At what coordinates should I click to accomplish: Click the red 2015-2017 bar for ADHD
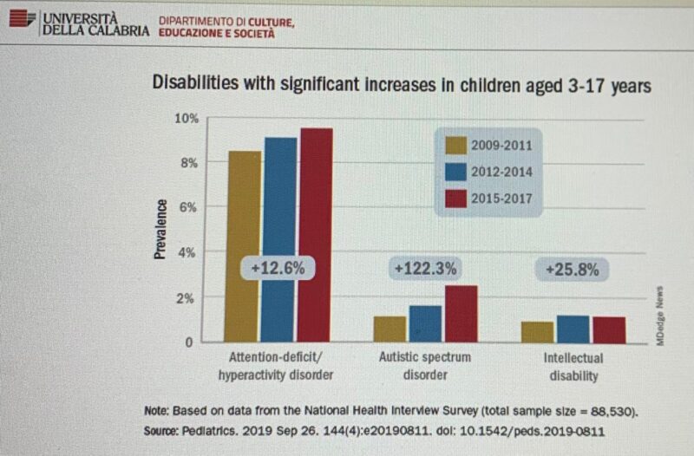316,234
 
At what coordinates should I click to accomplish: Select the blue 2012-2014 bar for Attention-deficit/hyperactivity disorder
280,238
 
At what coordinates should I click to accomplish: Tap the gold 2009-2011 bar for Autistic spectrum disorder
390,329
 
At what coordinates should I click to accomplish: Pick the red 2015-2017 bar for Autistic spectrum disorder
461,313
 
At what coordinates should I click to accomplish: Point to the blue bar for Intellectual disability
573,329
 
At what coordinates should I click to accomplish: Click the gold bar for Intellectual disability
538,331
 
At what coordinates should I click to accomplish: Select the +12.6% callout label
278,269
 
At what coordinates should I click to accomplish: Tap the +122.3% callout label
425,269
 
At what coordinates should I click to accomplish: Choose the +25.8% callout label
573,270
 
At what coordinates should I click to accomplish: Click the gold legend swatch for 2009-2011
455,145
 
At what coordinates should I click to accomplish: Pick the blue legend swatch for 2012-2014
455,172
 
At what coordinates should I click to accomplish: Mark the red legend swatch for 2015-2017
455,199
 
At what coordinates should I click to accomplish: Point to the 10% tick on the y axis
188,117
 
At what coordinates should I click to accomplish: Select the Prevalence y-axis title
161,228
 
